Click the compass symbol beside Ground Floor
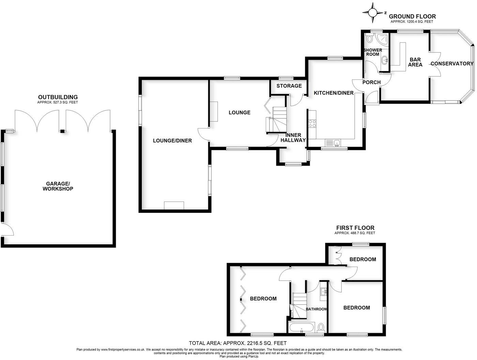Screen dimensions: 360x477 [x=373, y=13]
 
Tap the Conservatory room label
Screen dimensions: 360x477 [x=452, y=63]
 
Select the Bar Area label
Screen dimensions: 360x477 [x=415, y=62]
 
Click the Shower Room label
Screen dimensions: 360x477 [x=373, y=52]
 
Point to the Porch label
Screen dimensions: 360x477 [x=371, y=82]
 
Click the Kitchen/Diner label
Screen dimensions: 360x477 [x=334, y=93]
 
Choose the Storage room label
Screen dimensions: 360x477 [x=289, y=86]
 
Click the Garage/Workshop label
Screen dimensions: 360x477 [x=58, y=186]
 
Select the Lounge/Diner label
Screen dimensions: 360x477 [x=172, y=140]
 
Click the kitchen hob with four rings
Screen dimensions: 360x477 [x=312, y=124]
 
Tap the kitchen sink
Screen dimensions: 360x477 [x=332, y=143]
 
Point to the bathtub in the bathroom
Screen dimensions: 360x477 [x=302, y=328]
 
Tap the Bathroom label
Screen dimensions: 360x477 [x=316, y=309]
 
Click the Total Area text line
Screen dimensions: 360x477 [x=238, y=343]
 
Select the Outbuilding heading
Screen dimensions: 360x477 [x=58, y=97]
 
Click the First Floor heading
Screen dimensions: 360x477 [x=355, y=228]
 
